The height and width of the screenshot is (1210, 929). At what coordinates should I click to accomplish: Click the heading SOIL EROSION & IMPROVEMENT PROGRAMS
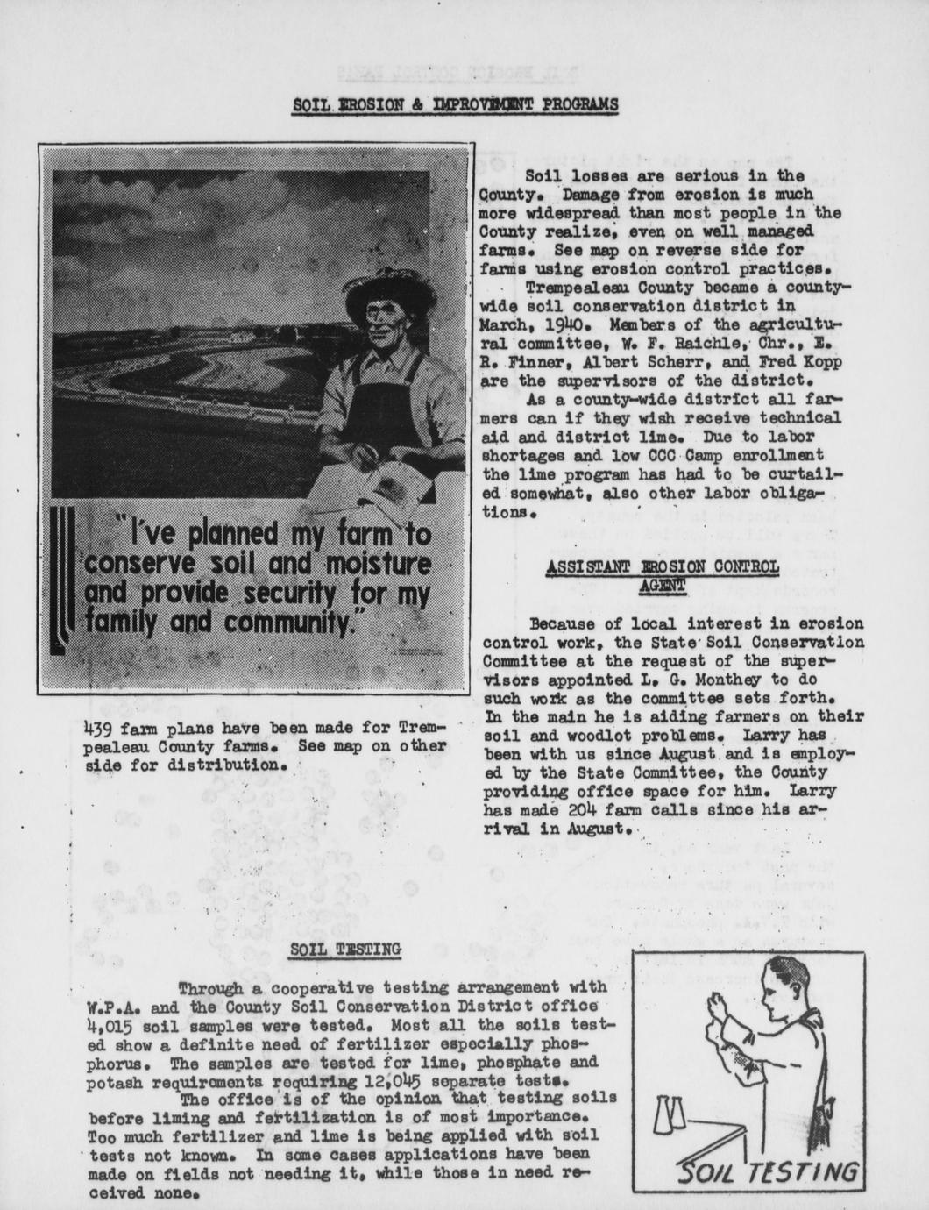coord(455,104)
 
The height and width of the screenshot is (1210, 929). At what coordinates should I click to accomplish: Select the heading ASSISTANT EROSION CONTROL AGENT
coord(662,574)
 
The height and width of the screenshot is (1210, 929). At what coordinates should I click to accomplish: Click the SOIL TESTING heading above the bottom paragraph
coord(345,949)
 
